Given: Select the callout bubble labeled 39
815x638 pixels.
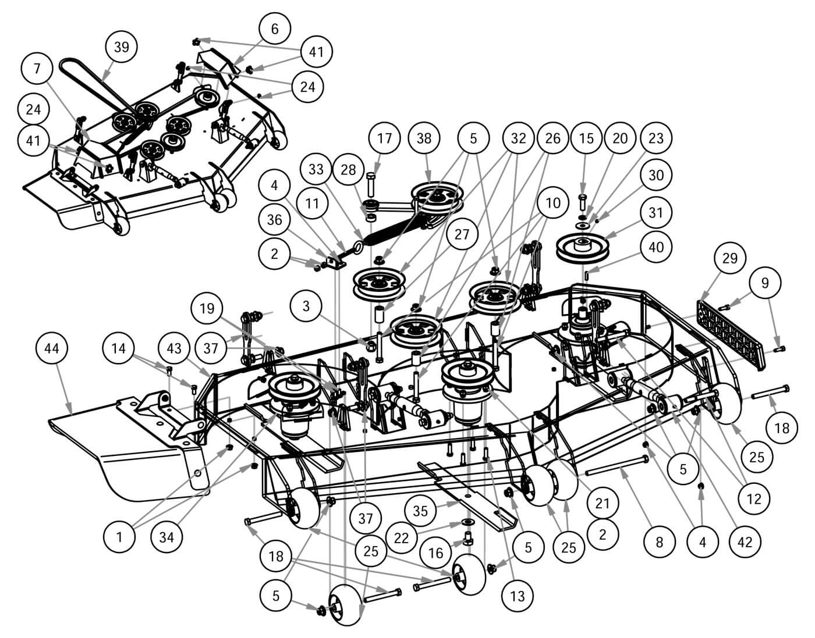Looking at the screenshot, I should (121, 47).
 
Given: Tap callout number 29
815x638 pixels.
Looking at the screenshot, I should (730, 258).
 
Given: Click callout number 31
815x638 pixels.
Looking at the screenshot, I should (656, 213).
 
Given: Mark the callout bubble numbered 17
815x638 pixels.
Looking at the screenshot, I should (384, 138).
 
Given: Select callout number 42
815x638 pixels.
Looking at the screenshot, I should (745, 541).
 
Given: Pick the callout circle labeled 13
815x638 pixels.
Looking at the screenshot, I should (517, 595).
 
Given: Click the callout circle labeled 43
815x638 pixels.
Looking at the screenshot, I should (174, 348).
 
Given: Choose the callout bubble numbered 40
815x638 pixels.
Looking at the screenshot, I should (656, 247).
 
